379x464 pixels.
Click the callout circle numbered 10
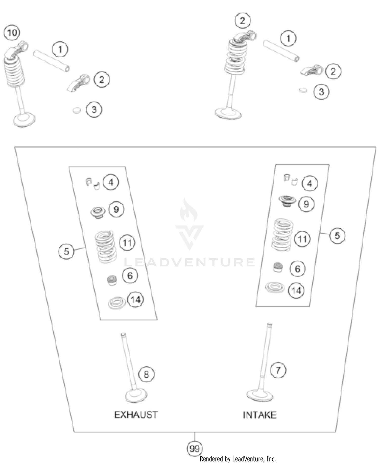tap(12, 33)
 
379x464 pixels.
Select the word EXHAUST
tap(136, 414)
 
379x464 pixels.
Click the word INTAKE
tap(259, 415)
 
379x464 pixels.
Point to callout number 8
tap(146, 374)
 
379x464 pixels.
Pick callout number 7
tap(278, 370)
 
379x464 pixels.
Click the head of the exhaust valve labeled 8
tap(136, 395)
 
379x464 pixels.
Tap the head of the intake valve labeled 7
tap(259, 395)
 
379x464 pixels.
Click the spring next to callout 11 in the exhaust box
tap(106, 247)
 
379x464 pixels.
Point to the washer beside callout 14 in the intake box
tap(275, 288)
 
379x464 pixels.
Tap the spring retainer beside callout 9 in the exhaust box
tap(98, 212)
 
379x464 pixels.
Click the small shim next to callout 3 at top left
tap(77, 110)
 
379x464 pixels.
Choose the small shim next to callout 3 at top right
tap(303, 90)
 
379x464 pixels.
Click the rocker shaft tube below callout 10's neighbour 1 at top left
tap(51, 61)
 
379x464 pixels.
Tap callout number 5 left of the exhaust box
tap(66, 251)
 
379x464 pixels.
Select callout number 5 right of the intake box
tap(337, 236)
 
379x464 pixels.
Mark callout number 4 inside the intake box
tap(310, 184)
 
